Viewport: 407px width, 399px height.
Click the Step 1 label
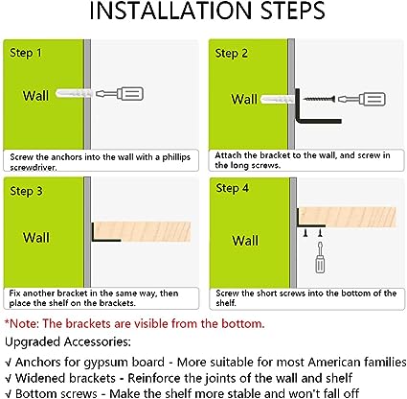[26, 53]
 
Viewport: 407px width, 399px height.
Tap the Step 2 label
[231, 54]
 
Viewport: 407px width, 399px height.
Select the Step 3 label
[26, 191]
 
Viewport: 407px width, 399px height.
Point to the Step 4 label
[232, 188]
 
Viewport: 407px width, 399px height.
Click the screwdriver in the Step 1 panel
[120, 94]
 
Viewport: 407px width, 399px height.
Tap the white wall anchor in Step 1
[74, 93]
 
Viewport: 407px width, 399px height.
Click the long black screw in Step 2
[319, 99]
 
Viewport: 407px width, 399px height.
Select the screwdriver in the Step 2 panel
[362, 99]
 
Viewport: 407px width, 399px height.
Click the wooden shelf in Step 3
[143, 231]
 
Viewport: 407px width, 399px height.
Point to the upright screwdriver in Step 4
[320, 257]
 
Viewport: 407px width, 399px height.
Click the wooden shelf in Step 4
[348, 217]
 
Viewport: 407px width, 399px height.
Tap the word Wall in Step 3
[36, 238]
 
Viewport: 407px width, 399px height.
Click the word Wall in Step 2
[244, 99]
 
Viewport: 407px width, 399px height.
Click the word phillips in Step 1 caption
[176, 157]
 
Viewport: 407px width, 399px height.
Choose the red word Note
[24, 323]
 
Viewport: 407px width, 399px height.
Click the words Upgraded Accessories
[68, 341]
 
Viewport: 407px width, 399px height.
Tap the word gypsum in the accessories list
[106, 363]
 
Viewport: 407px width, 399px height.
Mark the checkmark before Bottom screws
[9, 394]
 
